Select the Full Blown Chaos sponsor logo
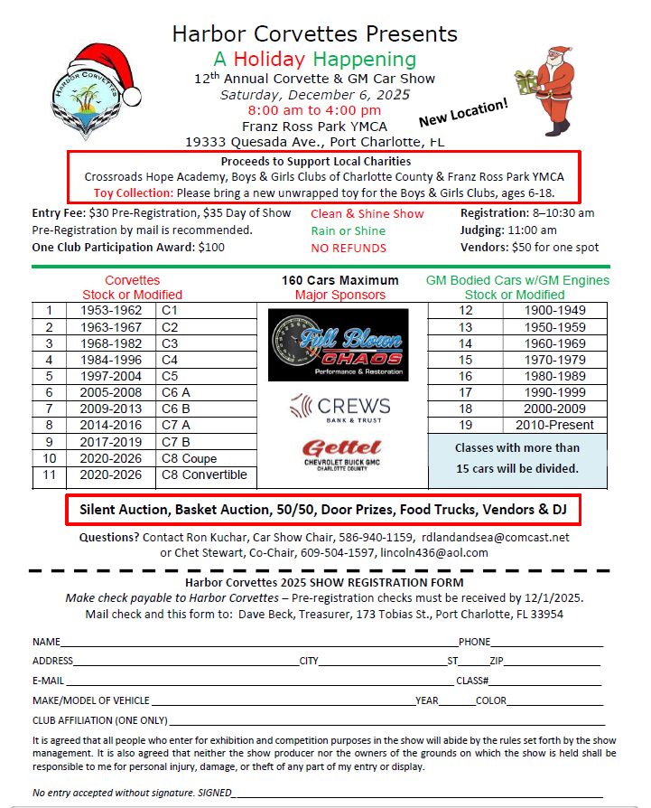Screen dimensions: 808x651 click(338, 344)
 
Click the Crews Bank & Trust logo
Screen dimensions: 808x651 click(339, 409)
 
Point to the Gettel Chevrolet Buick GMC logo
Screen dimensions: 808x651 click(338, 454)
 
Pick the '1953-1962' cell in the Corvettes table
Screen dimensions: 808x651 click(107, 310)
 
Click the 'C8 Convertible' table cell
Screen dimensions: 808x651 click(203, 474)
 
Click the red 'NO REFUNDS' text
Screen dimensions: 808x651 click(349, 248)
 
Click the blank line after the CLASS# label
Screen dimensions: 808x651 click(545, 681)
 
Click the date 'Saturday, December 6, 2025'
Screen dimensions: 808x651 click(315, 94)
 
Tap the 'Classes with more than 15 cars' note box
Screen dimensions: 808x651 click(516, 458)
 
